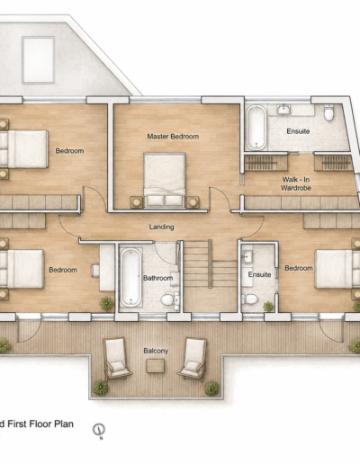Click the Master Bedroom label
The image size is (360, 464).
click(x=173, y=137)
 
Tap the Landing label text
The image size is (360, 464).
click(x=161, y=227)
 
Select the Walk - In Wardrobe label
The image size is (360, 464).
click(x=296, y=183)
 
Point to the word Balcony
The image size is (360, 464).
click(x=156, y=351)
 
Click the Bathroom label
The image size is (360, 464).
click(x=157, y=278)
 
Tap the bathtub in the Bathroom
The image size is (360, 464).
click(x=130, y=278)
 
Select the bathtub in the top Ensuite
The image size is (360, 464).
click(x=256, y=128)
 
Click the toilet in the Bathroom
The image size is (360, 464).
click(x=166, y=299)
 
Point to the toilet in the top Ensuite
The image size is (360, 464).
click(x=329, y=112)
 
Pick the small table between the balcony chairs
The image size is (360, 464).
click(x=156, y=366)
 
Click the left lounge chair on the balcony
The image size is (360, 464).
click(x=116, y=358)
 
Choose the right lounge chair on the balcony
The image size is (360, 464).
click(x=193, y=359)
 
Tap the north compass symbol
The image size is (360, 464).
click(x=98, y=430)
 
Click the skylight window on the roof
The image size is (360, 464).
click(x=38, y=59)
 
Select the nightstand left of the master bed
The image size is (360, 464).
click(x=137, y=202)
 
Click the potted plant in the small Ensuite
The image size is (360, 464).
click(x=268, y=307)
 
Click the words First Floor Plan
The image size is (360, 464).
click(x=40, y=424)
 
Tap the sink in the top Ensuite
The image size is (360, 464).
click(x=283, y=109)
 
